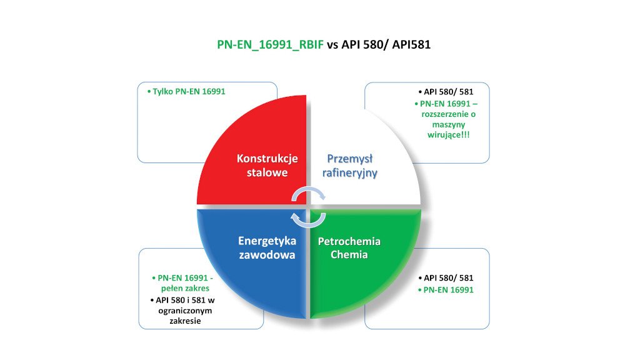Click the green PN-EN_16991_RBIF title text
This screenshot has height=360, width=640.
(270, 44)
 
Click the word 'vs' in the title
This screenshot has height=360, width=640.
(332, 44)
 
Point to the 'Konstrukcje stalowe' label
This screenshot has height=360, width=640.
(267, 165)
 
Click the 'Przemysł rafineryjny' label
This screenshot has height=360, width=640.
(350, 166)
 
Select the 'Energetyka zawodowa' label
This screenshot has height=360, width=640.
(267, 247)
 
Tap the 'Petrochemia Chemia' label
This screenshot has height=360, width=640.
(349, 247)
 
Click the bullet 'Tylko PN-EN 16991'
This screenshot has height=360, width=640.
(186, 91)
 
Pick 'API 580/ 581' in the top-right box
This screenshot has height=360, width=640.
(446, 92)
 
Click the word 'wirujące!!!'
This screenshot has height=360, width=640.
(449, 135)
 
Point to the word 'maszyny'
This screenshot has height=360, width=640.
(449, 124)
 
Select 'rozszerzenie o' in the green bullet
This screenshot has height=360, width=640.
(449, 114)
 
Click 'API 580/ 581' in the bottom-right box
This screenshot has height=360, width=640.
(446, 278)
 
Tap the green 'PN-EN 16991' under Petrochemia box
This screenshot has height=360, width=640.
(446, 290)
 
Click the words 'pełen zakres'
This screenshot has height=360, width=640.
(185, 288)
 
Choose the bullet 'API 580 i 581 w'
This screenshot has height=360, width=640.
(182, 301)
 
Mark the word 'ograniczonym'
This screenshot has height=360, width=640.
(185, 311)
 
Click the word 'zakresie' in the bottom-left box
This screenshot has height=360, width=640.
(185, 321)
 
